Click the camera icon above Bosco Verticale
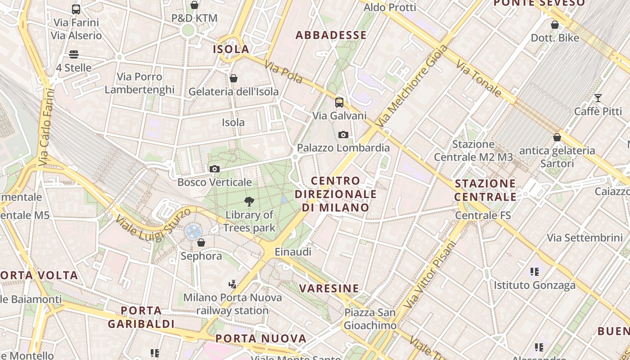point(215,169)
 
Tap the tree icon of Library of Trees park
point(249,201)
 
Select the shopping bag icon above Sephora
point(201,243)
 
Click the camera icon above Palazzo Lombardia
point(343,135)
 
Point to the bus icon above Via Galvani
point(339,103)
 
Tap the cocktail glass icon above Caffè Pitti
point(598,98)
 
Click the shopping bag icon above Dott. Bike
point(555,25)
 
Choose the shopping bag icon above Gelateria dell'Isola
point(233,78)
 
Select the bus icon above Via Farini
point(76,9)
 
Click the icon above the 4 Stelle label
point(74,54)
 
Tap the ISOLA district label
point(231,49)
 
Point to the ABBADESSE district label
point(331,35)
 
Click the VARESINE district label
point(329,288)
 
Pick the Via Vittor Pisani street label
point(429,275)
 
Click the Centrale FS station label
point(483,216)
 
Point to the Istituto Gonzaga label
point(535,285)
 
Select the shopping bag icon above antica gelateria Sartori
point(557,137)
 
